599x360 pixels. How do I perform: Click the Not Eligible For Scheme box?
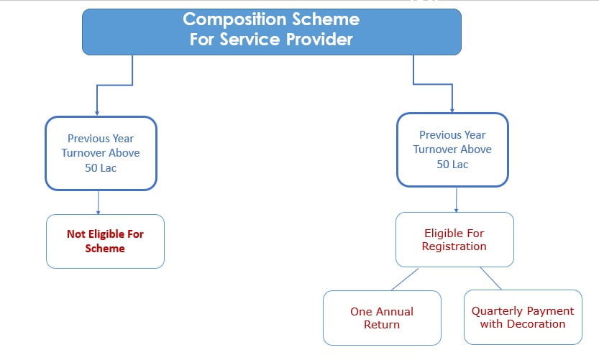[106, 241]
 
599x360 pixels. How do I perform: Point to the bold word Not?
[76, 234]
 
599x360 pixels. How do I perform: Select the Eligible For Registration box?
[454, 239]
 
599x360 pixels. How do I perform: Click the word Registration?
[454, 246]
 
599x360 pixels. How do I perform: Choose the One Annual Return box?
[382, 318]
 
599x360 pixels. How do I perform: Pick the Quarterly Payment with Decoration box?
[523, 318]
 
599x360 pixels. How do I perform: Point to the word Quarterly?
[496, 311]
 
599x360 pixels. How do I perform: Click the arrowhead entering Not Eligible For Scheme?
[98, 211]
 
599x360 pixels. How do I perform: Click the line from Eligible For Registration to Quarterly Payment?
[491, 279]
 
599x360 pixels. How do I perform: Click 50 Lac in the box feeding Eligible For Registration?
[452, 164]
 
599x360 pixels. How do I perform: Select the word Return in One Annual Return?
[382, 325]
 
